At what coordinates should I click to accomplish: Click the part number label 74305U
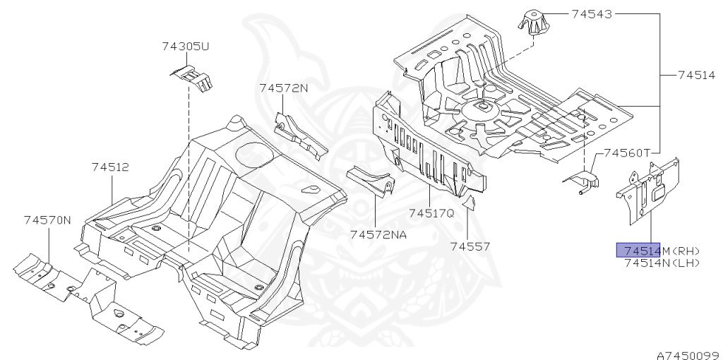click(186, 47)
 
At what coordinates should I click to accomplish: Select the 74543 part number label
click(592, 13)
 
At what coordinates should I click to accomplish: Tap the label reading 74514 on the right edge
click(697, 74)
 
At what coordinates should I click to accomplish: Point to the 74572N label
click(283, 88)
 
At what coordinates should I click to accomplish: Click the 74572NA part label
click(378, 234)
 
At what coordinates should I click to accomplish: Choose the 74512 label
click(109, 167)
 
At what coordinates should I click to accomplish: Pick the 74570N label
click(47, 220)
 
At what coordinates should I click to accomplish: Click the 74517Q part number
click(431, 212)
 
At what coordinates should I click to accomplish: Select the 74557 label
click(471, 246)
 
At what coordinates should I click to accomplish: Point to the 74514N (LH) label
click(662, 263)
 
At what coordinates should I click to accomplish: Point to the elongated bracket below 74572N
click(300, 136)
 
